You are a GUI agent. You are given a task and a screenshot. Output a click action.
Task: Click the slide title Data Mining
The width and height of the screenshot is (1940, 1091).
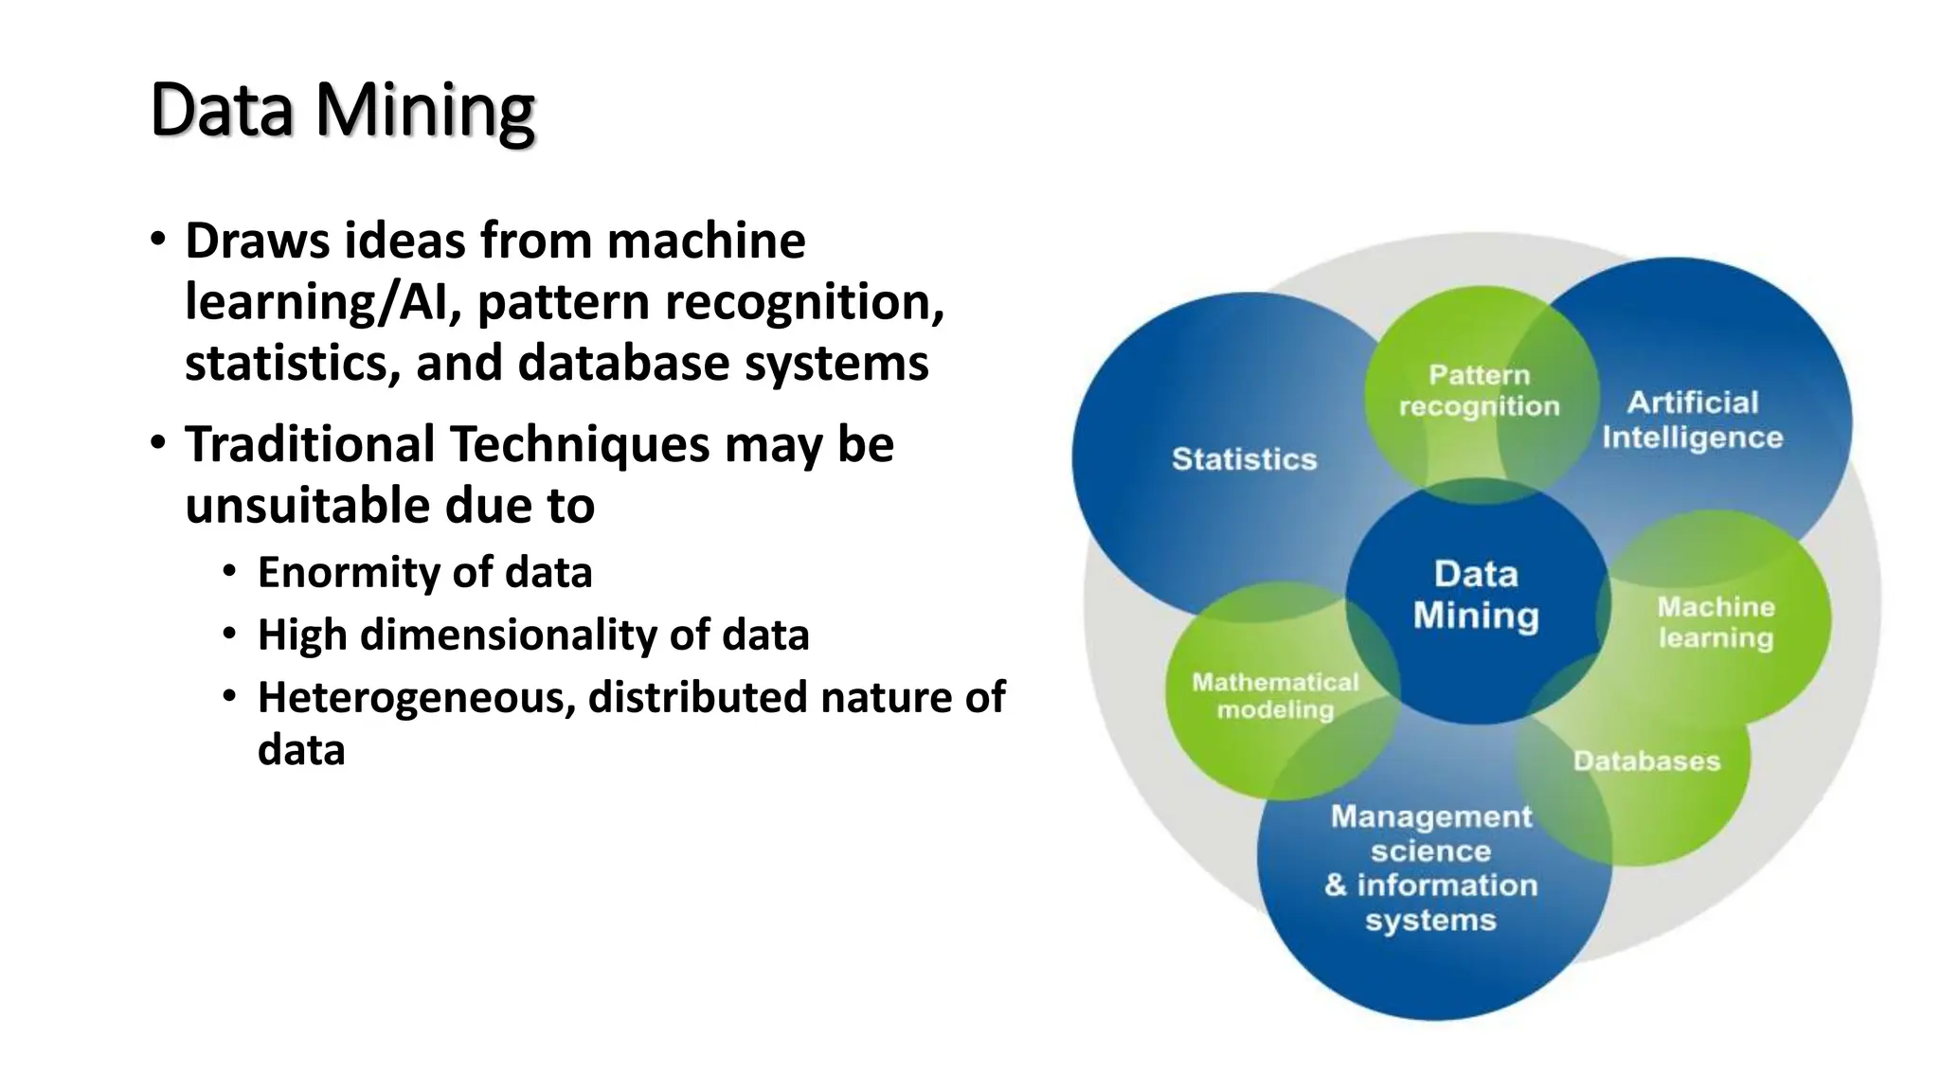[342, 111]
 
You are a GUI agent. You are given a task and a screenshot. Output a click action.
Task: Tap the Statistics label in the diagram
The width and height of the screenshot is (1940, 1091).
[1244, 459]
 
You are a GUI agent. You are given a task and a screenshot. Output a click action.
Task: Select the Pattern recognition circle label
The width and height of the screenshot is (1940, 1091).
[1479, 390]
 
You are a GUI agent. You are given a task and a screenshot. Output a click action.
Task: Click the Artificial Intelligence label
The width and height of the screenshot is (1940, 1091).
[1692, 420]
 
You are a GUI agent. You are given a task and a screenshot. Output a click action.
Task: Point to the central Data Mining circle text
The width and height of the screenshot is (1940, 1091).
[1476, 595]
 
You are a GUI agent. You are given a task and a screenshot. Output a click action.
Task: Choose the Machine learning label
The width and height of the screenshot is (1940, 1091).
[1715, 621]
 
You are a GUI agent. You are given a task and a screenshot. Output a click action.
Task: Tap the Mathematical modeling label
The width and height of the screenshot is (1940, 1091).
[1275, 695]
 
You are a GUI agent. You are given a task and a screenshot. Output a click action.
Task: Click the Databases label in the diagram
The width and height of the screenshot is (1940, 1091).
[1646, 760]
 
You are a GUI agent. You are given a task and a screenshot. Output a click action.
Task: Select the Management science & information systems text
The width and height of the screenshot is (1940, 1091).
[1430, 867]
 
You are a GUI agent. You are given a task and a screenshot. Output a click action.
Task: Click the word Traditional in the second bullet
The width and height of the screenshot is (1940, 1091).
[310, 444]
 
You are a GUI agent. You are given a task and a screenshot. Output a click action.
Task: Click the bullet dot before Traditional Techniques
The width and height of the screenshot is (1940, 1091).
[158, 442]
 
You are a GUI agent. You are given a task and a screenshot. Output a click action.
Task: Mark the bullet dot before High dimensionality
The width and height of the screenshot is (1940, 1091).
[229, 634]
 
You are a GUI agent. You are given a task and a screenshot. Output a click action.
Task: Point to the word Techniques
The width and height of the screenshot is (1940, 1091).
[579, 444]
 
